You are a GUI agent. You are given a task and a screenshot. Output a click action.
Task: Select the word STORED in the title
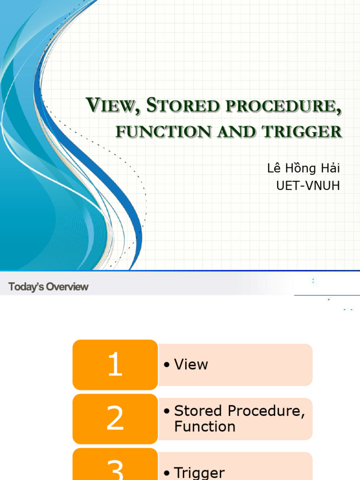point(183,106)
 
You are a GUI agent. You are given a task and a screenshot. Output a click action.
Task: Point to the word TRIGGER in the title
point(302,132)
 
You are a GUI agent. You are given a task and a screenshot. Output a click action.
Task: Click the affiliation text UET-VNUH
point(308,186)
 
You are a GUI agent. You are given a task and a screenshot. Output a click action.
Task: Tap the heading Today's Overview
point(48,287)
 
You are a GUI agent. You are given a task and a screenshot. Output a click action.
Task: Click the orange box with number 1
point(115,365)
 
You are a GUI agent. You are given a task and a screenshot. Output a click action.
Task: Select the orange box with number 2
point(115,419)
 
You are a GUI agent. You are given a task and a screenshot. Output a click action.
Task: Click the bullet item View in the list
point(191,365)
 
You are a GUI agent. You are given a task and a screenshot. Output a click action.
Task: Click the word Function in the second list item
point(205,427)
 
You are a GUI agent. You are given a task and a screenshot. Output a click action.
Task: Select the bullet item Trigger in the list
point(199,472)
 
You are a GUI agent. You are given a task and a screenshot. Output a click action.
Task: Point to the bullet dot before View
point(166,365)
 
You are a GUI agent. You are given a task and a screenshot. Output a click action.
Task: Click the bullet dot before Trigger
point(166,473)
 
